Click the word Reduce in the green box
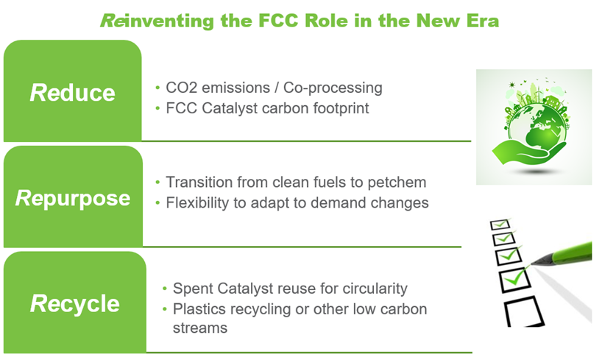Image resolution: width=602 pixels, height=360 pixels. click(x=73, y=93)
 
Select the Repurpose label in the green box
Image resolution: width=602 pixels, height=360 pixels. click(x=73, y=199)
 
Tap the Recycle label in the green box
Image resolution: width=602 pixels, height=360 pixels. click(x=75, y=304)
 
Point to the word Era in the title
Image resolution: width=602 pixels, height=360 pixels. click(x=483, y=21)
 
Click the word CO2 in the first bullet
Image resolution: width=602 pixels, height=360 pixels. click(x=181, y=88)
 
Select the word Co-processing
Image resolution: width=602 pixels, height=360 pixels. click(x=333, y=89)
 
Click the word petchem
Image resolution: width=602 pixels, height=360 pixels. click(x=397, y=183)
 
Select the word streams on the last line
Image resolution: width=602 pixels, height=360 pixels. click(x=200, y=329)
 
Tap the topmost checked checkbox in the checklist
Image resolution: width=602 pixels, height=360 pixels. click(x=500, y=224)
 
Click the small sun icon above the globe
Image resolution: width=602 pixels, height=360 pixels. click(x=511, y=85)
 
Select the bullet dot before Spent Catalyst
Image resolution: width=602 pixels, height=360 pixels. click(x=165, y=288)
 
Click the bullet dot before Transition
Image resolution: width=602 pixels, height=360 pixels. click(x=157, y=182)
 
